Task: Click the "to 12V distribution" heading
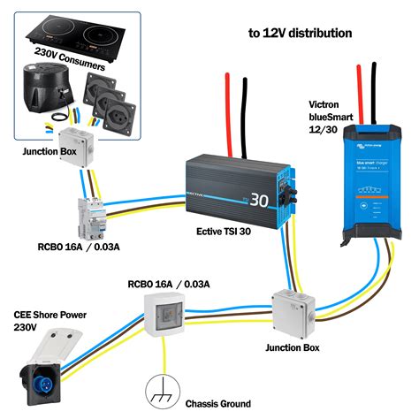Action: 300,33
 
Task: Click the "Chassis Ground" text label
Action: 218,404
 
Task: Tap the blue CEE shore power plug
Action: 46,371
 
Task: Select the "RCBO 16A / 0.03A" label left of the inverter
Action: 98,247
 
